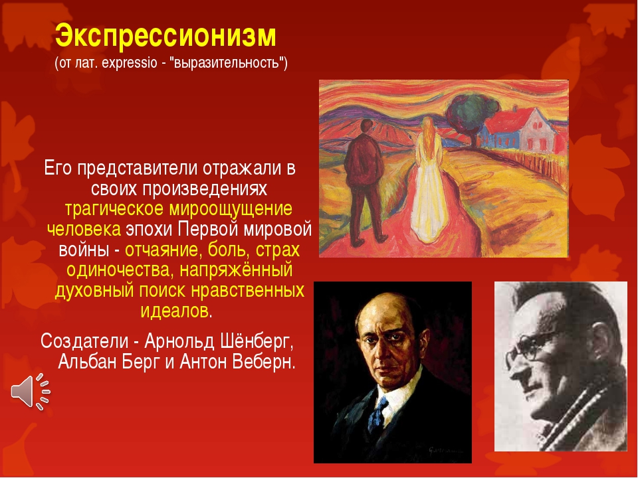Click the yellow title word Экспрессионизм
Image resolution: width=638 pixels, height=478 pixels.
tap(165, 37)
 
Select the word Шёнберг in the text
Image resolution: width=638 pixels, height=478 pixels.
tap(257, 341)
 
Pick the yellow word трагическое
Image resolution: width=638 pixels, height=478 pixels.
tap(114, 209)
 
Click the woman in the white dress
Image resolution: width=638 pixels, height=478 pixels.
tap(429, 181)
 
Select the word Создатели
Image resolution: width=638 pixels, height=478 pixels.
tap(84, 341)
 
